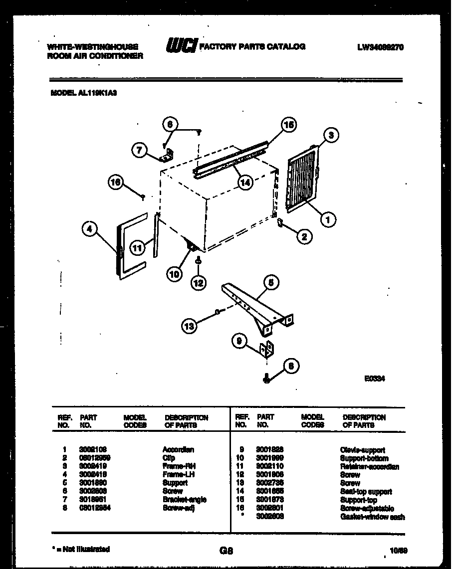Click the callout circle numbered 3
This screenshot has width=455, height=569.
tap(331, 135)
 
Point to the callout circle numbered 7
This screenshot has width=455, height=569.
tap(139, 149)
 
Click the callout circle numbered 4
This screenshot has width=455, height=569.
tap(89, 229)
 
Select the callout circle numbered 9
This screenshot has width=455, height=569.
tap(239, 341)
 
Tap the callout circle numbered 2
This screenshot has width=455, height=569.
tap(303, 237)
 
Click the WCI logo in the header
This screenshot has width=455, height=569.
tap(181, 46)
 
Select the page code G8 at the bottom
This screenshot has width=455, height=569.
tap(227, 551)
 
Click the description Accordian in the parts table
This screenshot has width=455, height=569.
tap(178, 450)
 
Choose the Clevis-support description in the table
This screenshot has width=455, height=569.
tap(362, 450)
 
